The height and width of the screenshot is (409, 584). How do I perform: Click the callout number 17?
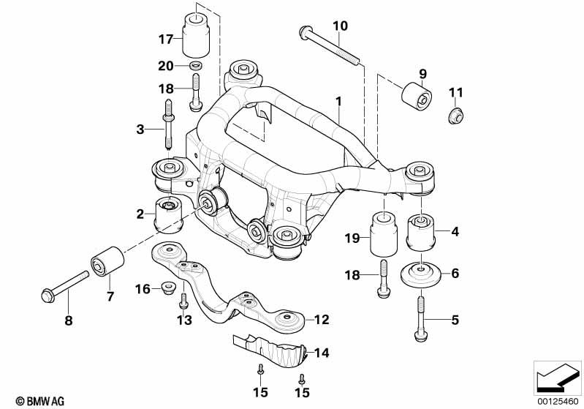click(x=167, y=39)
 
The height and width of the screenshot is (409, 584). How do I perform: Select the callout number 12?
click(x=322, y=320)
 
